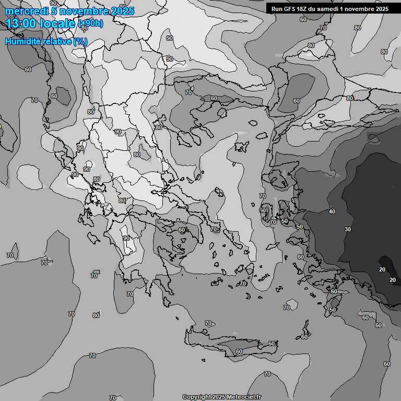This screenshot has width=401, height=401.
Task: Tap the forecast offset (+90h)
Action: pyautogui.click(x=90, y=23)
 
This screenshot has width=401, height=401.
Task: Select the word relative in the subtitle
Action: pyautogui.click(x=57, y=41)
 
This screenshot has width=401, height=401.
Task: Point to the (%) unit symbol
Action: pyautogui.click(x=80, y=41)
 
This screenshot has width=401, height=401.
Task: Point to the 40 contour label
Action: pyautogui.click(x=332, y=211)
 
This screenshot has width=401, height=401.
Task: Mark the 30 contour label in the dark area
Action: pyautogui.click(x=348, y=229)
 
